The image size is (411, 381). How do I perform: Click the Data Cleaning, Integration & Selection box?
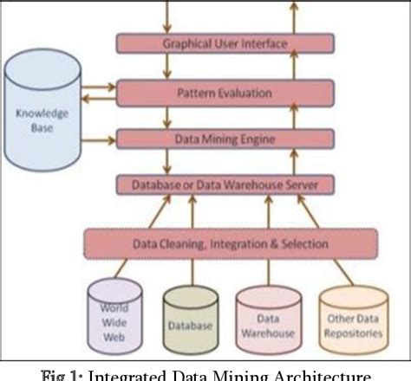coord(230,244)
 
